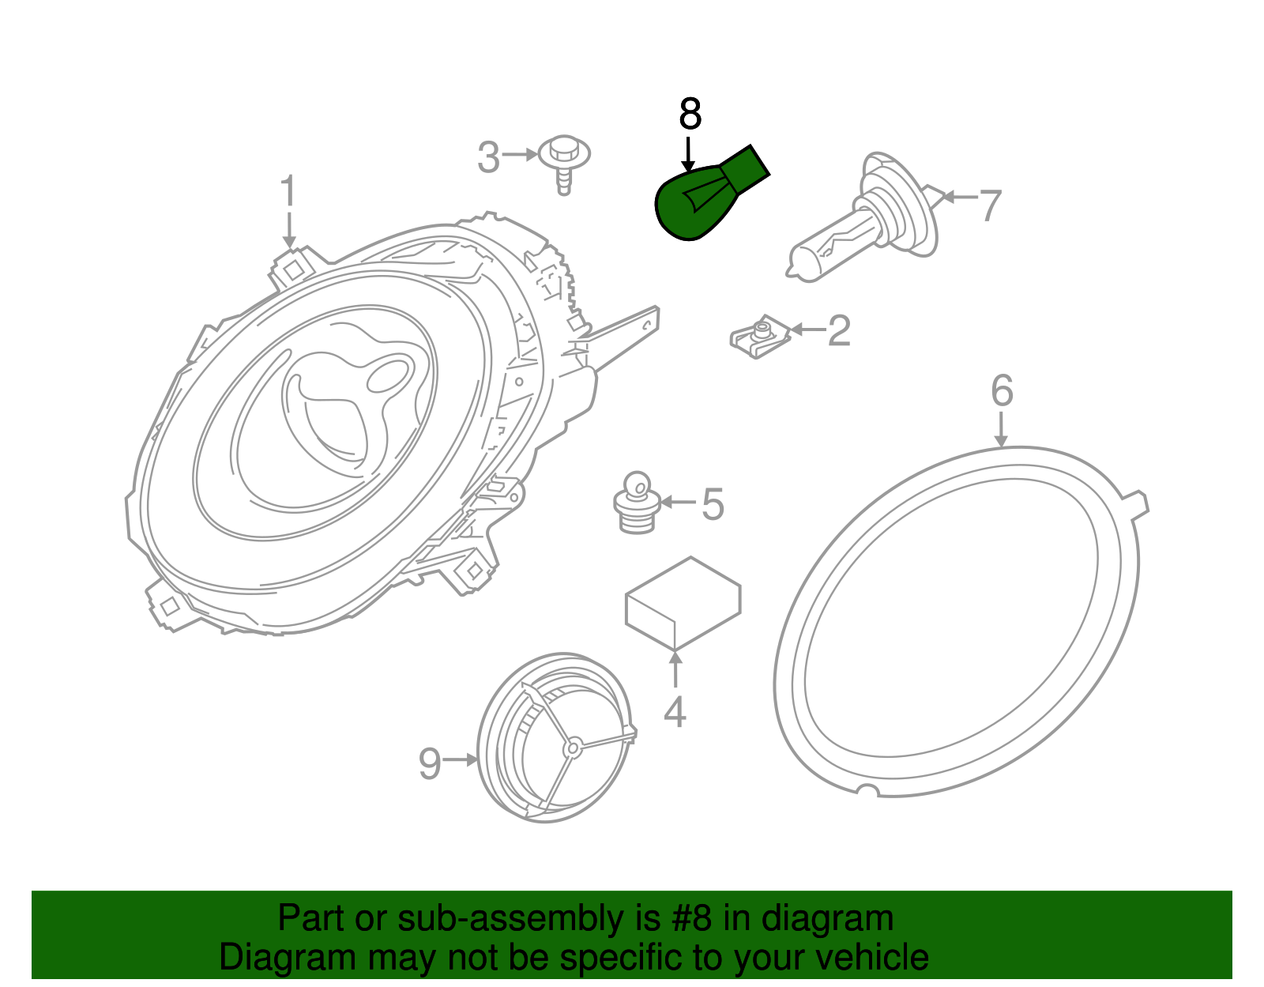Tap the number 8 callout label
(690, 115)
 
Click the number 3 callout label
(489, 157)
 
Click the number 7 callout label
(991, 205)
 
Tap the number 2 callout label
(839, 330)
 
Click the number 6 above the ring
(1002, 390)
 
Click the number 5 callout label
(713, 504)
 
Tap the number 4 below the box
(675, 711)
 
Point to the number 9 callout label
(430, 763)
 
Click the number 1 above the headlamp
(288, 192)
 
